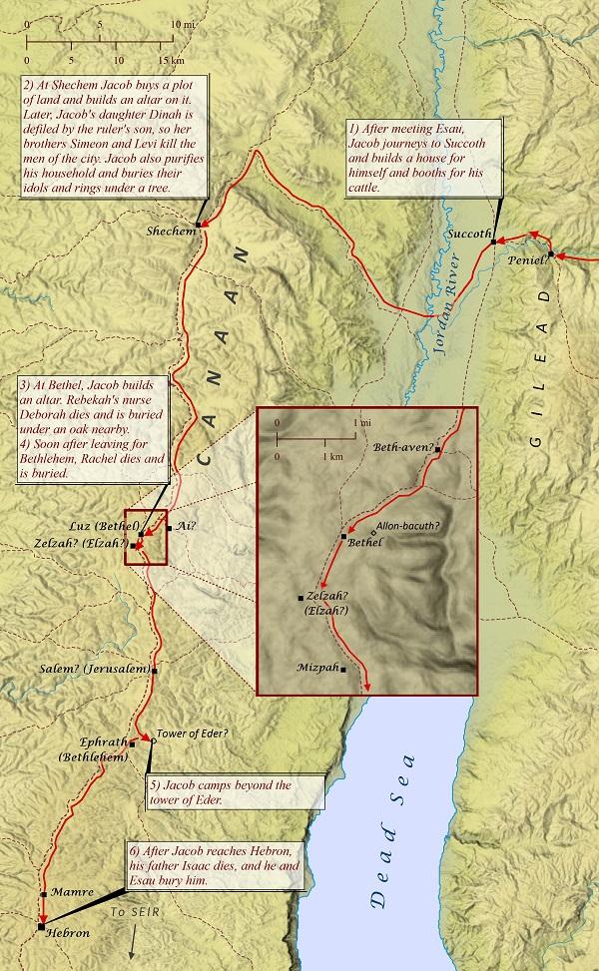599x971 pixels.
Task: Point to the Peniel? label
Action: pyautogui.click(x=528, y=258)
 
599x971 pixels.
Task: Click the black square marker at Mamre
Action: pyautogui.click(x=44, y=893)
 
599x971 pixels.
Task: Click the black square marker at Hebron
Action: pyautogui.click(x=40, y=927)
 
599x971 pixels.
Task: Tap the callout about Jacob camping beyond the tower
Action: pyautogui.click(x=235, y=792)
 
